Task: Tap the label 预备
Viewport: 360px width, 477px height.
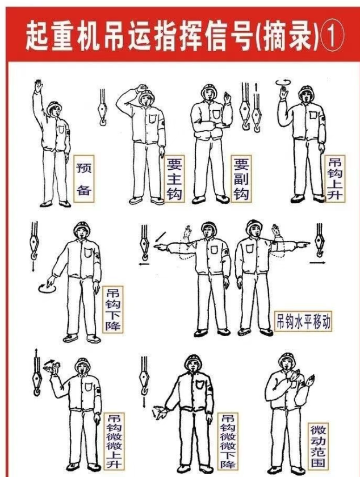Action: (x=84, y=179)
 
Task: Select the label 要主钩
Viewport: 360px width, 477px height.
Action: (x=174, y=179)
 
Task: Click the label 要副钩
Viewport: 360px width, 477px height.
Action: (x=241, y=179)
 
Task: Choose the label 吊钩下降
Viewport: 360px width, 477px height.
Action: (x=113, y=309)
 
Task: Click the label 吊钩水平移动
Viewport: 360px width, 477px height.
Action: (x=303, y=321)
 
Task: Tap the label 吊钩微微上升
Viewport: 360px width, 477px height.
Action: (x=114, y=441)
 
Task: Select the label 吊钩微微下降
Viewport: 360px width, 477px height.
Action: (x=228, y=441)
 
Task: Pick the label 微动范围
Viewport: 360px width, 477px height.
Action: (x=319, y=446)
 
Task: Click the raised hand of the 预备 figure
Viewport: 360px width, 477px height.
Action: (x=39, y=86)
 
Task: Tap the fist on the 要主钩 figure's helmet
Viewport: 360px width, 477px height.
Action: (x=142, y=88)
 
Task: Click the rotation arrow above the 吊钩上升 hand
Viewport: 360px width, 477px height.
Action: (x=283, y=82)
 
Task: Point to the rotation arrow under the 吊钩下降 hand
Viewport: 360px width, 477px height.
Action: (x=47, y=288)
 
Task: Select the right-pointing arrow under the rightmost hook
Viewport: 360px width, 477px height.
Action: (x=318, y=262)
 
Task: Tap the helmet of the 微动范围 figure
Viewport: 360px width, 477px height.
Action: (x=287, y=359)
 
